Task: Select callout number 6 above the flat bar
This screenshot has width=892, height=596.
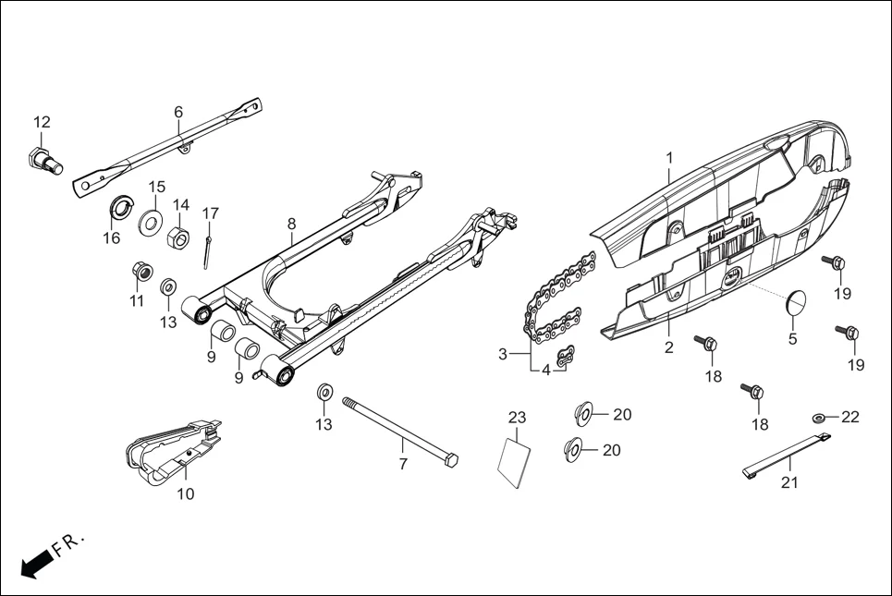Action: tap(178, 112)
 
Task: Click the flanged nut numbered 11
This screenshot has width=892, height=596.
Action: tap(141, 272)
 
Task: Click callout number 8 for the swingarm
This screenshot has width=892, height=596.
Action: tap(291, 224)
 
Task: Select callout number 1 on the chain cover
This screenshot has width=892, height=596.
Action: tap(669, 159)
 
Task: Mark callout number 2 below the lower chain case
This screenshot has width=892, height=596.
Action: tap(668, 348)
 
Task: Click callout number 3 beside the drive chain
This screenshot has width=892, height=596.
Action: tap(503, 354)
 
